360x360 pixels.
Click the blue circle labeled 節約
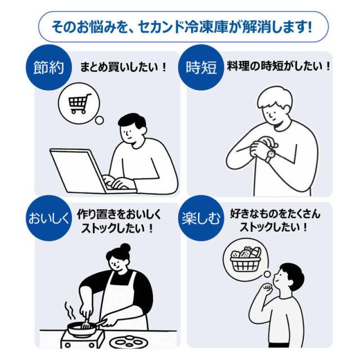[49, 67]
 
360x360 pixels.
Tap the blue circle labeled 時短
[201, 67]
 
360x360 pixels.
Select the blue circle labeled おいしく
[49, 218]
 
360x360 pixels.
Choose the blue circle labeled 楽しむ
[201, 218]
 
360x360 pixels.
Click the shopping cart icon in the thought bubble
[79, 103]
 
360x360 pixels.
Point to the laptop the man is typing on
[92, 171]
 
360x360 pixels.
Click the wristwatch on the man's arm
[271, 154]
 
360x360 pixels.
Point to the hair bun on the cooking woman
[125, 248]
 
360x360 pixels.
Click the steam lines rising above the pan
[70, 310]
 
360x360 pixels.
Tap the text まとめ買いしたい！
[123, 67]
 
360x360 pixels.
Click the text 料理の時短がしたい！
[278, 66]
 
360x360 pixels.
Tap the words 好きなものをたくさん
[275, 214]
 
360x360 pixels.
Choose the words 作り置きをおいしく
[119, 214]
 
